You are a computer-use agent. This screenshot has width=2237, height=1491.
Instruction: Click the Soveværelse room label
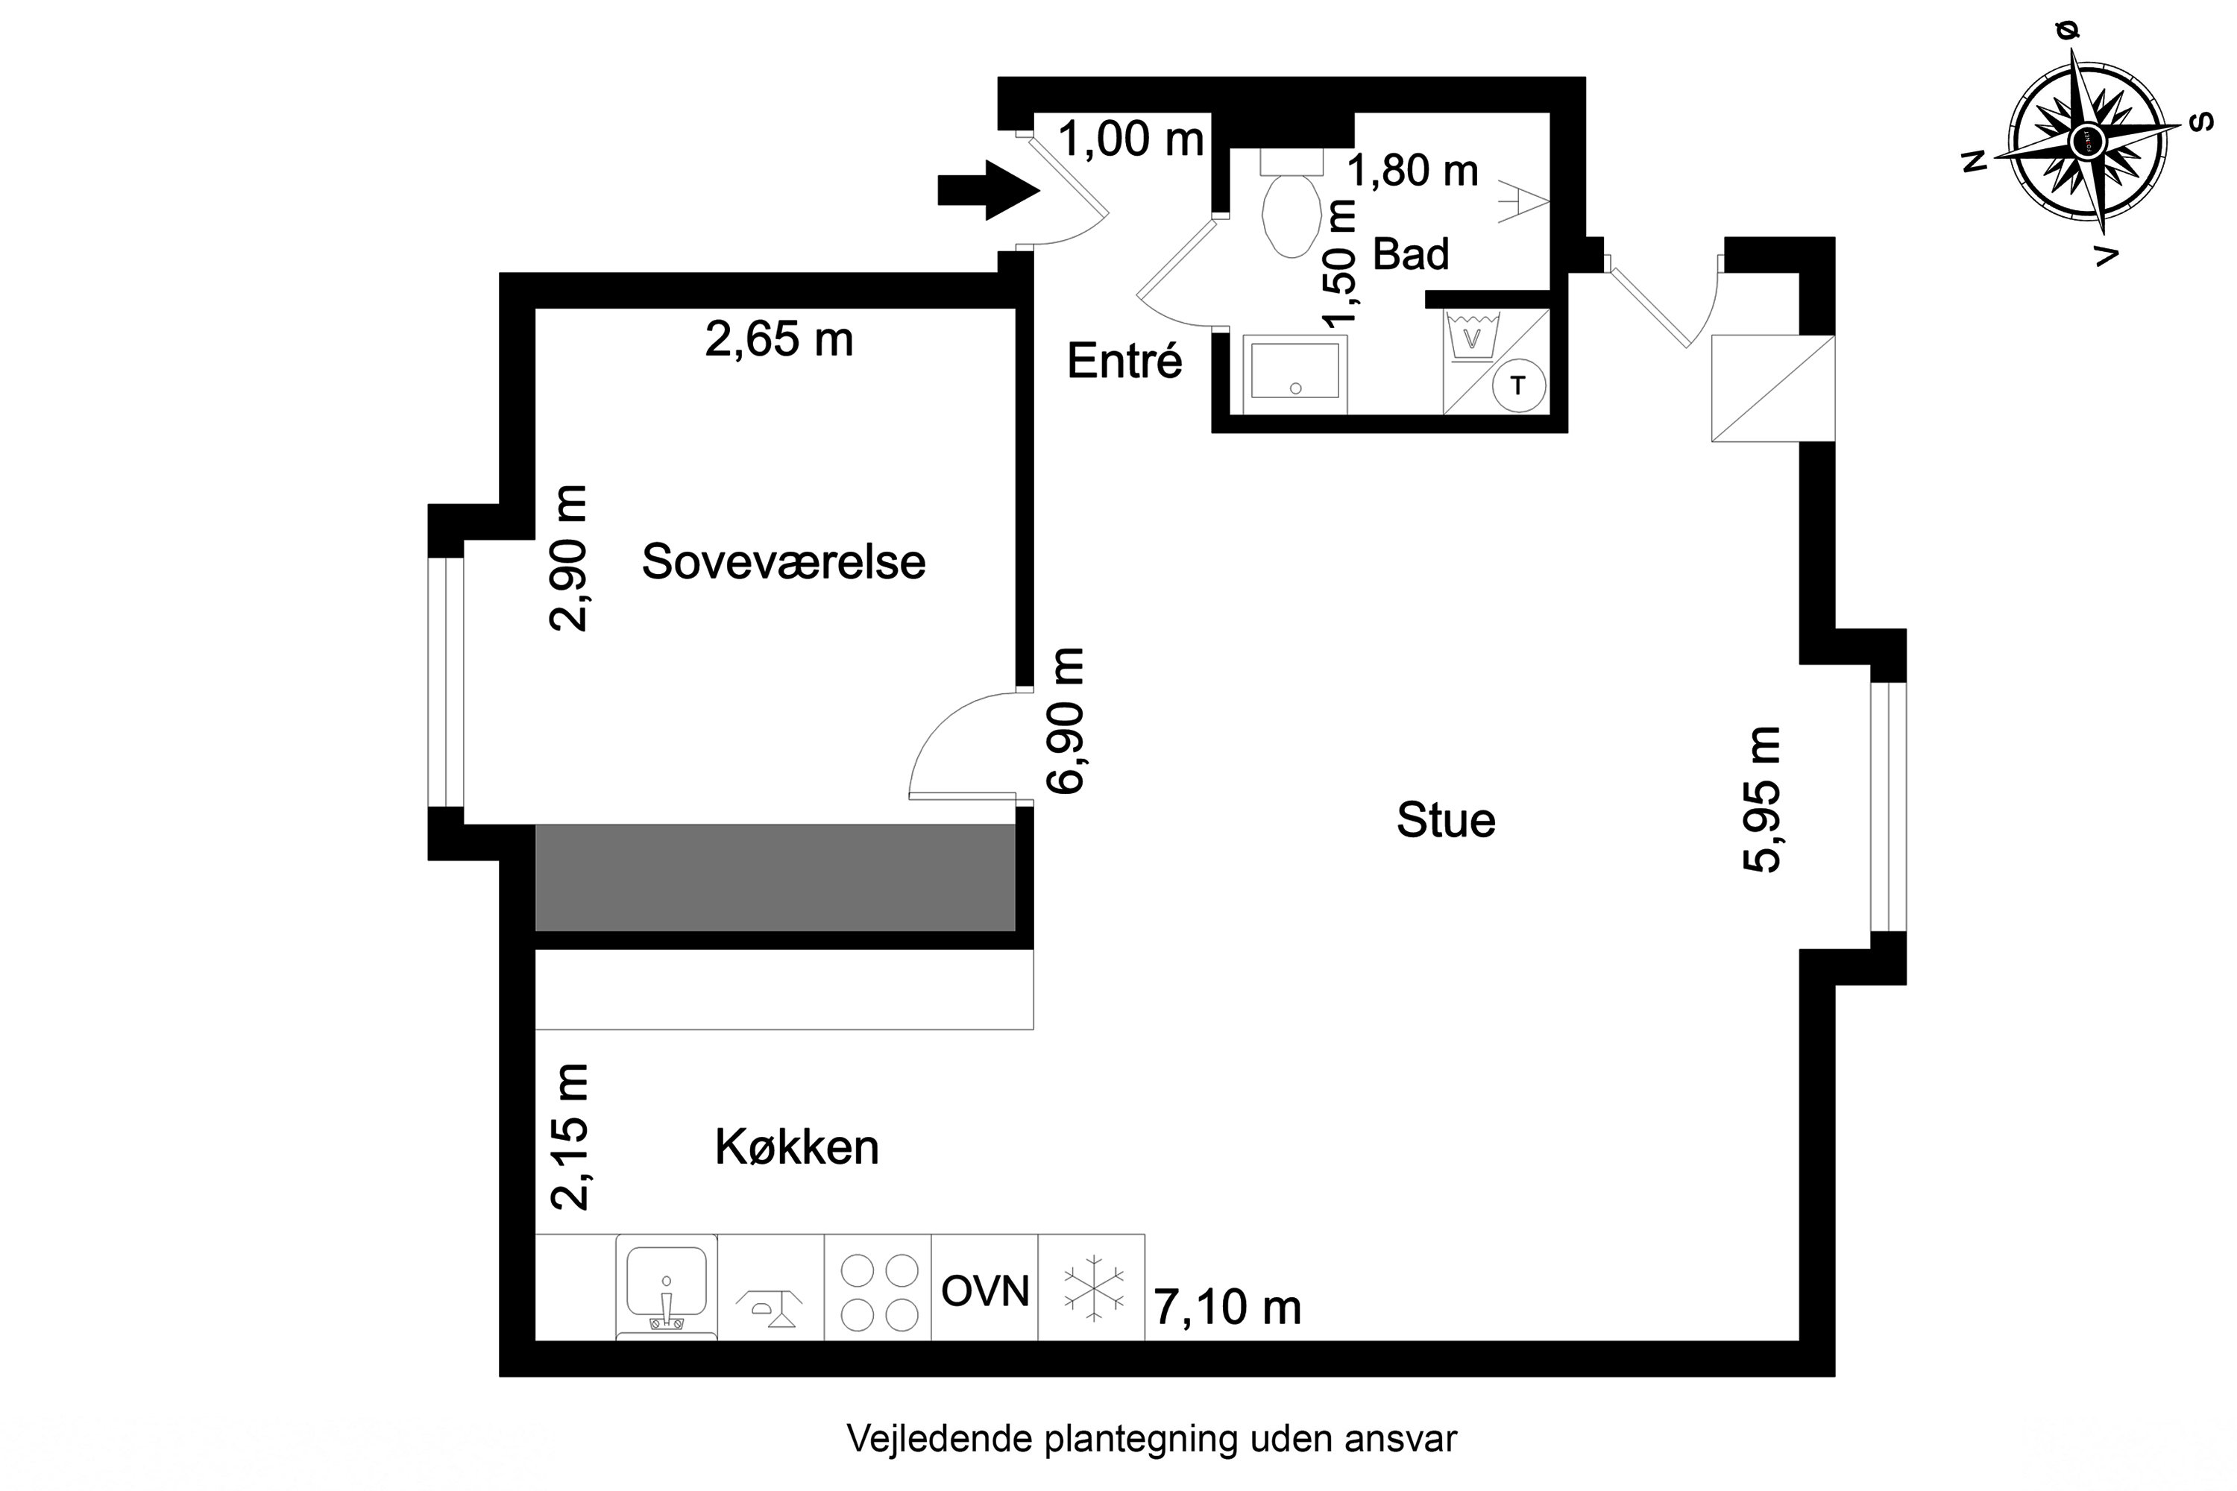coord(783,562)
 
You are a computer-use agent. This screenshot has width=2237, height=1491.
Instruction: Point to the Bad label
coord(1411,254)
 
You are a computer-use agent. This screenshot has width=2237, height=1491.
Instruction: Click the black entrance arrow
coord(987,190)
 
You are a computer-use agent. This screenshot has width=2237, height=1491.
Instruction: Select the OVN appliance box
coord(984,1290)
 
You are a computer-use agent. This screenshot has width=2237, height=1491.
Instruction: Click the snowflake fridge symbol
coord(1092,1290)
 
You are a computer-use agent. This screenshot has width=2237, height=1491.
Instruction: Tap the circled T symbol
coord(1518,386)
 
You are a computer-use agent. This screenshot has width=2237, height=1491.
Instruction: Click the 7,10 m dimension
coord(1227,1307)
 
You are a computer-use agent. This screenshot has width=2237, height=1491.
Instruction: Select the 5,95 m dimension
coord(1761,798)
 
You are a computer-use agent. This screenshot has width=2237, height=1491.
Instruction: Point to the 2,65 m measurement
coord(779,339)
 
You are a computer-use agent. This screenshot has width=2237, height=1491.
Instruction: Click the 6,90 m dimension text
coord(1066,720)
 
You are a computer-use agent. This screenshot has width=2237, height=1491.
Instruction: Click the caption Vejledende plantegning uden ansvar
coord(1151,1439)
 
